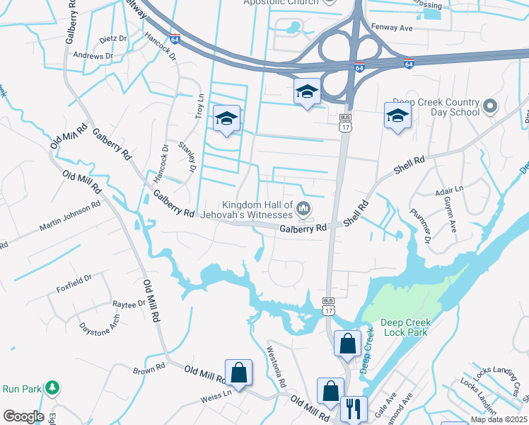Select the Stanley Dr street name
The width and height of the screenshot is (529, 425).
coord(187,157)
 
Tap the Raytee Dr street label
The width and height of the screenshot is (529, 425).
coord(129,304)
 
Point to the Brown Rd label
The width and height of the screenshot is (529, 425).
coord(149,370)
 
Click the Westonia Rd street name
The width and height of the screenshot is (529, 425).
coord(275,365)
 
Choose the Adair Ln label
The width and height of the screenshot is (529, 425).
coord(448,191)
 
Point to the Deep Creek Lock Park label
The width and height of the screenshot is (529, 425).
coord(405,327)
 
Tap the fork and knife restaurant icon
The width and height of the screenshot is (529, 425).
coord(352,408)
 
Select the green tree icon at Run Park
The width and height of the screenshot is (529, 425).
coord(51,387)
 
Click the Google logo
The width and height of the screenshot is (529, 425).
coord(23,416)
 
